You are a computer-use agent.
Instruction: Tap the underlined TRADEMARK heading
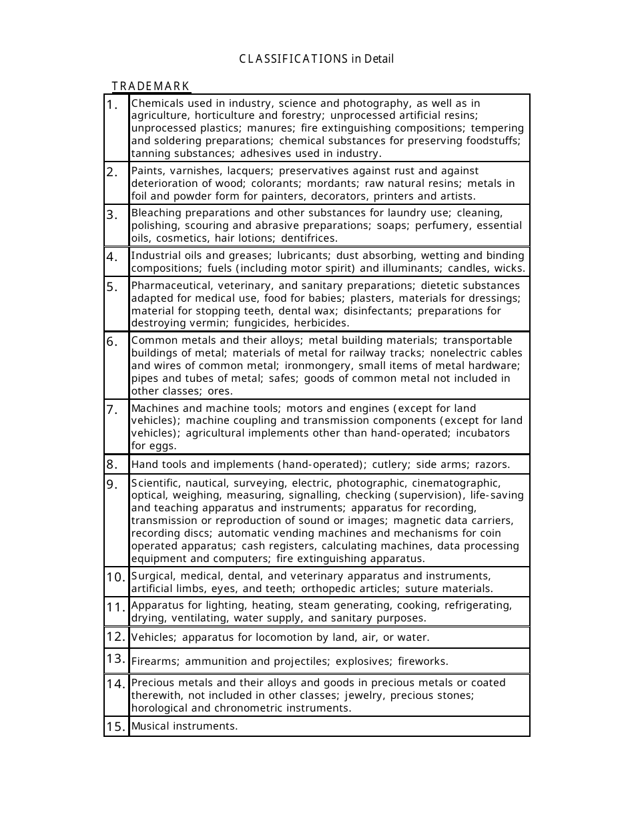tap(151, 86)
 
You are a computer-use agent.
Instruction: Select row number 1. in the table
tap(115, 105)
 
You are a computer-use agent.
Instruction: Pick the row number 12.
tap(116, 637)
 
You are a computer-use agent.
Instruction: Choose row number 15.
tap(116, 726)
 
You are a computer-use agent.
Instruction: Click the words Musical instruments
tap(184, 726)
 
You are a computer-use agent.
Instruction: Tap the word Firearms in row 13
tap(155, 661)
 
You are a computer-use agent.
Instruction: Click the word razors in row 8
tap(494, 465)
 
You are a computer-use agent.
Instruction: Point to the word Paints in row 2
tap(146, 171)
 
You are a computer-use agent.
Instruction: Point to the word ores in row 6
tap(220, 391)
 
